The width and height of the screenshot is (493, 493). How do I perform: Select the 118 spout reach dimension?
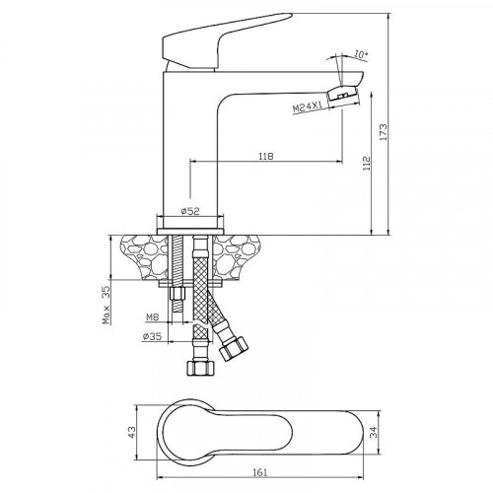point(264,155)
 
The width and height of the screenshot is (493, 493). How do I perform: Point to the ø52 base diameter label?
point(192,210)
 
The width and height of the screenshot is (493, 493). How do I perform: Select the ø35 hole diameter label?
point(151,336)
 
